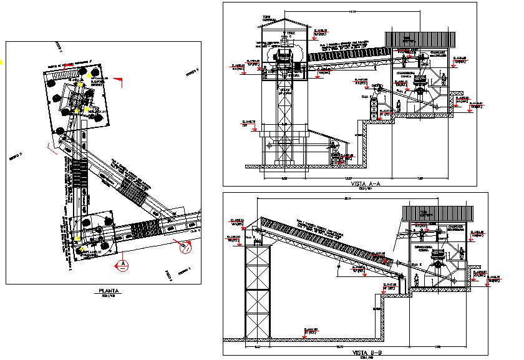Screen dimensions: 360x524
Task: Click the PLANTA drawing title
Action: tap(109, 291)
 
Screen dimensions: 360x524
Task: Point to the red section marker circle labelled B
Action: tap(185, 248)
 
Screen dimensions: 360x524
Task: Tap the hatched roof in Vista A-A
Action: tap(413, 39)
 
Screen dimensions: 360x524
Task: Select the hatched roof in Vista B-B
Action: tap(436, 212)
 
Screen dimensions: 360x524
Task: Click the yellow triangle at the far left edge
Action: tap(1, 61)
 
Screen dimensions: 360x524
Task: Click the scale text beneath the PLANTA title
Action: tap(109, 296)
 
